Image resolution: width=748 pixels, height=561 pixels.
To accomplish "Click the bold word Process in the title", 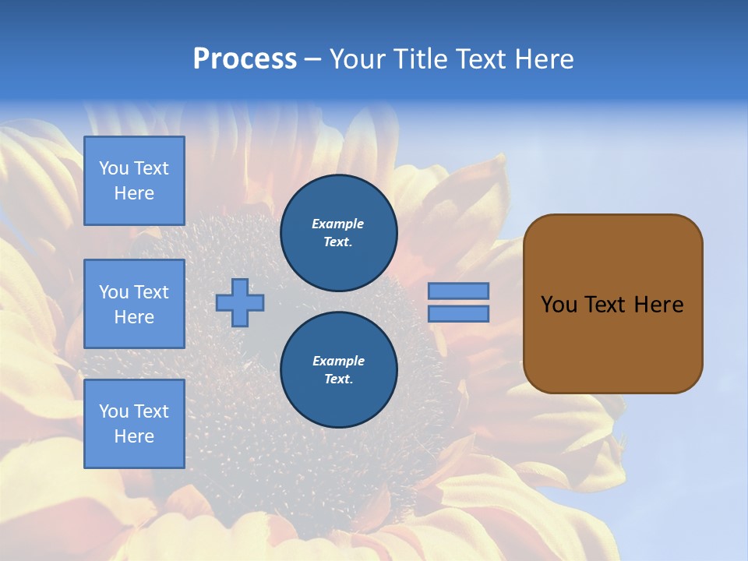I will [245, 58].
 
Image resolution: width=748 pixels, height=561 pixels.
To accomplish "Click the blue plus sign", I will [240, 302].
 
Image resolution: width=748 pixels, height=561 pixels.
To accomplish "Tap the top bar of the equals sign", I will [459, 291].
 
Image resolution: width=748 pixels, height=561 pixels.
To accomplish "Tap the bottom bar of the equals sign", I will [459, 313].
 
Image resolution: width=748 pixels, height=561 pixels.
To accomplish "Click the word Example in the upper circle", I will [337, 224].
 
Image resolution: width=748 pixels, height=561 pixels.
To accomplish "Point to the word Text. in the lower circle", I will [338, 379].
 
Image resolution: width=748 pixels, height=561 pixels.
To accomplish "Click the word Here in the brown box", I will [658, 305].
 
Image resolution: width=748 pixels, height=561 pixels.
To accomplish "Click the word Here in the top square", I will [134, 193].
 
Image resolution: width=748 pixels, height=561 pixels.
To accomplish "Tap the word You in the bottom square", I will [114, 411].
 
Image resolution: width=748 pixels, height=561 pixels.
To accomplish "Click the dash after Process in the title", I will [312, 59].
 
